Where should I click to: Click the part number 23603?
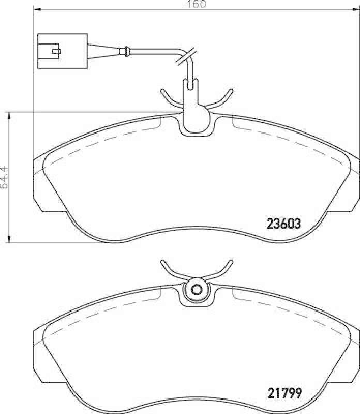[283, 224]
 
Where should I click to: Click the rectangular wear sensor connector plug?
[62, 51]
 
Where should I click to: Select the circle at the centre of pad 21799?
[196, 290]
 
